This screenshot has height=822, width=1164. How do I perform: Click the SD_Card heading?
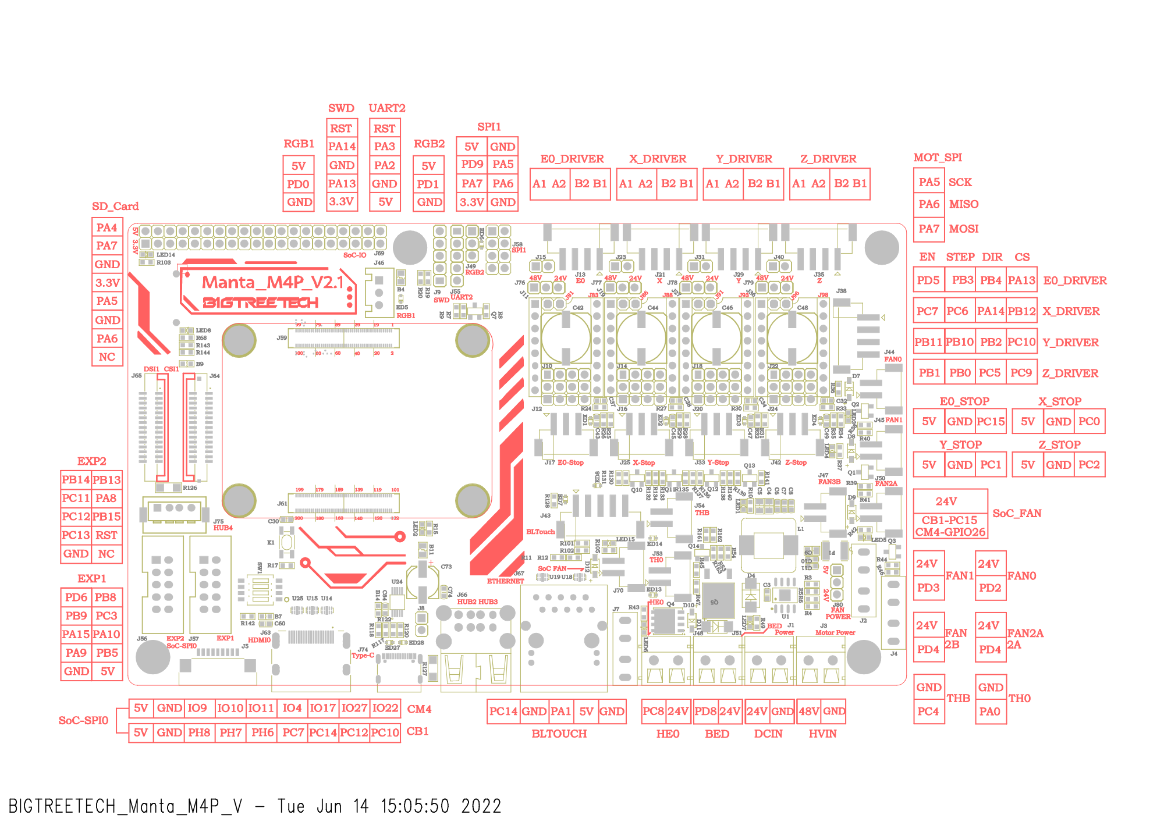point(115,207)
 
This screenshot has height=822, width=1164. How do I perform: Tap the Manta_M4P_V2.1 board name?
point(273,283)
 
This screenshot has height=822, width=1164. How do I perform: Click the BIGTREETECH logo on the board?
point(260,303)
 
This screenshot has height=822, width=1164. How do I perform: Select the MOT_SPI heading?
point(938,158)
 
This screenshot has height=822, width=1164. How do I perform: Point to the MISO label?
point(964,204)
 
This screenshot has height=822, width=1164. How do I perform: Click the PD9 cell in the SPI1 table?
point(472,165)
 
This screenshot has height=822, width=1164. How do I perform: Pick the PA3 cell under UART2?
point(385,147)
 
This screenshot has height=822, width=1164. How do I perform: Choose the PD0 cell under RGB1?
point(298,184)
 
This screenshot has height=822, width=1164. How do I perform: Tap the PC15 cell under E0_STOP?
point(991,422)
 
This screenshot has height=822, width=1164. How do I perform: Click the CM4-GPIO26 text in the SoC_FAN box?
point(950,532)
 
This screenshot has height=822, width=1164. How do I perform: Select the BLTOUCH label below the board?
point(559,734)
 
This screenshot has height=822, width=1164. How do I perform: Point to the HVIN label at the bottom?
point(822,734)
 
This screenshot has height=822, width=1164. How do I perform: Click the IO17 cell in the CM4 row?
point(322,708)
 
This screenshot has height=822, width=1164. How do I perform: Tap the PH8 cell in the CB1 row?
point(199,732)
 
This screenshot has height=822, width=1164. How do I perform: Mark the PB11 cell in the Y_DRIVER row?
point(928,342)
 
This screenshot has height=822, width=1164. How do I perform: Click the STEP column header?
point(960,257)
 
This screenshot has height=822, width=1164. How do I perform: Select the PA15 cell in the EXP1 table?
point(76,634)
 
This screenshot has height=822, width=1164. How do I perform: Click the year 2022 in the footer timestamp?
point(481,806)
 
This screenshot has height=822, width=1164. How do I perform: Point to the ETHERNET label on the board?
point(505,581)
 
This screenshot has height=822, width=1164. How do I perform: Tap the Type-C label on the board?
point(363,656)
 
